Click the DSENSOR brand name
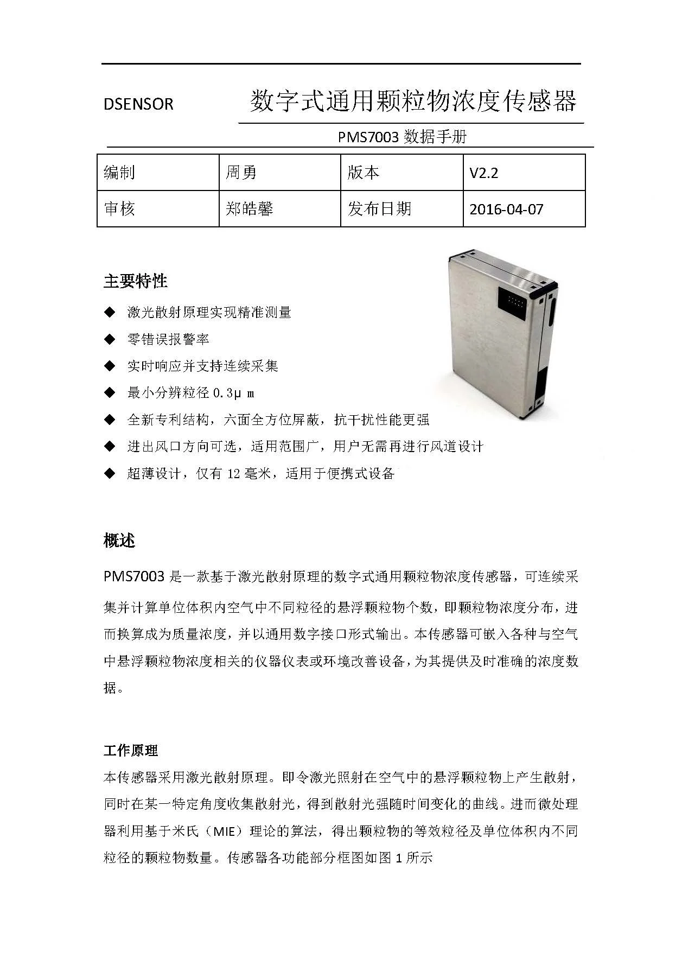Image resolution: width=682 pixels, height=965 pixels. (x=138, y=104)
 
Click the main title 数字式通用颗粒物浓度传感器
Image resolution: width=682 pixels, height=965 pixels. (x=412, y=101)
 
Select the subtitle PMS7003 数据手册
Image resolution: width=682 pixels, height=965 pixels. (x=402, y=137)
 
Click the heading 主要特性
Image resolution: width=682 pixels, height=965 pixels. (x=136, y=281)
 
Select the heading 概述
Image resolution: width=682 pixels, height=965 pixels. (x=119, y=541)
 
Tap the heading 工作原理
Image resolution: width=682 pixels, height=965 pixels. (x=131, y=751)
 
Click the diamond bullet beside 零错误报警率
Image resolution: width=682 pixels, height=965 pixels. (x=110, y=339)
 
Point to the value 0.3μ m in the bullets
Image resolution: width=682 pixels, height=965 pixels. (x=234, y=393)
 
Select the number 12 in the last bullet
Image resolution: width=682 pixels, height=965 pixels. (x=234, y=473)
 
